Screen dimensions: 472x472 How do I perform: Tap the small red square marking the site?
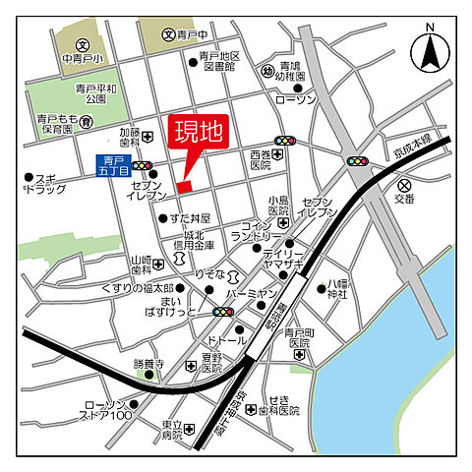tap(184, 186)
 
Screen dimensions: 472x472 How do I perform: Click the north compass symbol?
tap(430, 50)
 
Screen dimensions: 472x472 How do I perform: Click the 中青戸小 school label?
tap(82, 58)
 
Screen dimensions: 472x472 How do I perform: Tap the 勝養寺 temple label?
tap(147, 363)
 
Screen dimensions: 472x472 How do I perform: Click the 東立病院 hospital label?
tap(173, 430)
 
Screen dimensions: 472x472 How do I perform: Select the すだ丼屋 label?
tap(190, 217)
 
